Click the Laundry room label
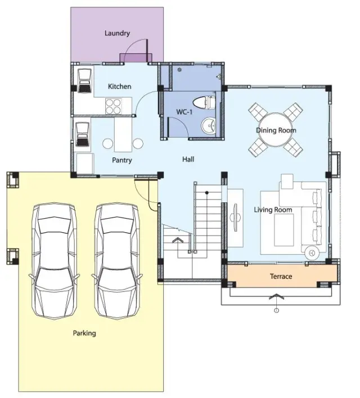pos(117,33)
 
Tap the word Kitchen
pos(120,87)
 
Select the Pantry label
pos(122,160)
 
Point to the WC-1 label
pos(184,112)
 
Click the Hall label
pos(188,159)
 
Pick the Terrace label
pos(281,276)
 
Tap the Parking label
pos(84,333)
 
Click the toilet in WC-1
pos(204,102)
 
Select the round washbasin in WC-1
pos(208,125)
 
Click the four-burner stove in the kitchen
pos(113,106)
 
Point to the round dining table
pos(276,130)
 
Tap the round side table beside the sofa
pos(312,252)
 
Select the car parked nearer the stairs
pos(117,261)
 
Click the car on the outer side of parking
pos(54,261)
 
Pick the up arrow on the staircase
pos(178,240)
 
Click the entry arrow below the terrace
pos(276,296)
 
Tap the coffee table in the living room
pos(284,230)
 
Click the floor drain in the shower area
pos(179,70)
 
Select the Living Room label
pos(273,210)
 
